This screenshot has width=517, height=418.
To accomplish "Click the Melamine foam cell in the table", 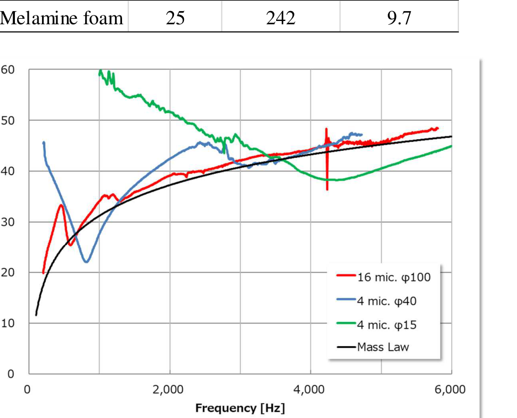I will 62,18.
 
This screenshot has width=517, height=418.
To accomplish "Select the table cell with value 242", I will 280,18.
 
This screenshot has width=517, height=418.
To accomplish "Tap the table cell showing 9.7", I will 398,18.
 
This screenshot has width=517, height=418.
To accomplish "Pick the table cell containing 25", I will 175,18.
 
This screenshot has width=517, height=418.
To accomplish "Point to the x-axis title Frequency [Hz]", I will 240,409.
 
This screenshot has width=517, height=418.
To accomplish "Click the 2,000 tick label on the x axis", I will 170,389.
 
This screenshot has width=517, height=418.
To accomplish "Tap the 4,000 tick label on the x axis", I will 310,389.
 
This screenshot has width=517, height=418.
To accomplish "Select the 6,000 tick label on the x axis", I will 451,389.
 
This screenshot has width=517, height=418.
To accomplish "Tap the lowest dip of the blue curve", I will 86,262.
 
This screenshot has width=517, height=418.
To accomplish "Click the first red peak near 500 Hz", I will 61,205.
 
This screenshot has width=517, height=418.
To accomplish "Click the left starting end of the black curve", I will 36,315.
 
